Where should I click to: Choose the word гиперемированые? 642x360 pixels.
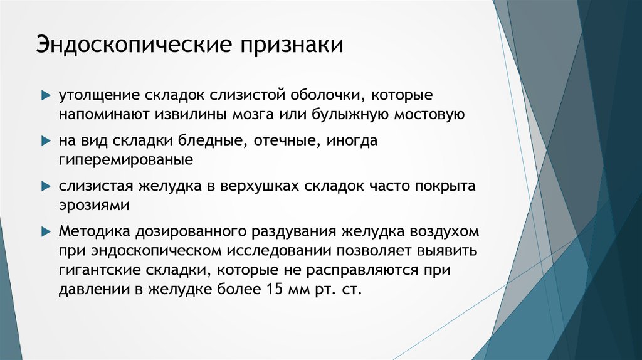click(125, 160)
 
